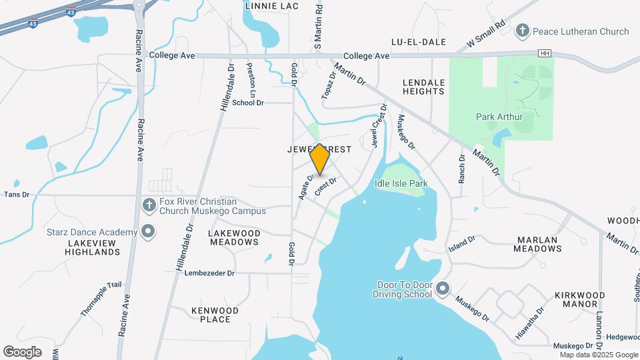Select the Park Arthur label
click(x=499, y=117)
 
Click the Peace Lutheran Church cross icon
click(x=523, y=31)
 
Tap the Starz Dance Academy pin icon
click(x=148, y=232)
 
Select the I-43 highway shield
click(x=71, y=12)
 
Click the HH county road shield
click(x=547, y=53)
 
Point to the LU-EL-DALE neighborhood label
click(x=418, y=41)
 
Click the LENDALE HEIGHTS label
click(x=423, y=88)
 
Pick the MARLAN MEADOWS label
click(x=538, y=244)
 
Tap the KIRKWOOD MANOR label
click(x=579, y=299)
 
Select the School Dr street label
click(x=248, y=103)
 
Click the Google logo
click(x=22, y=351)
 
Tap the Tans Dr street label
click(x=17, y=195)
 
